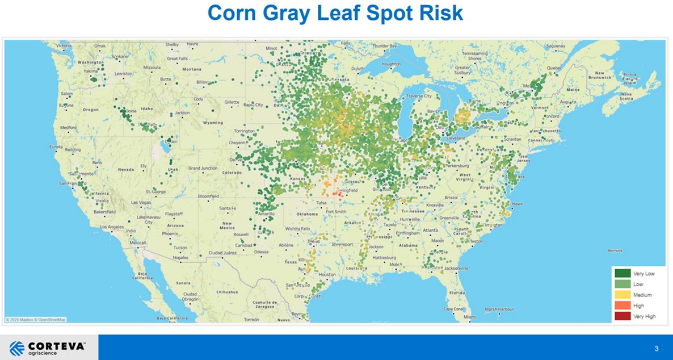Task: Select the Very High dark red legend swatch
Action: tap(622, 316)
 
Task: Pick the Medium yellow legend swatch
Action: tap(622, 295)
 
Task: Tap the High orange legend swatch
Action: tap(622, 305)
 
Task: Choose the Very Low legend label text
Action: tap(643, 274)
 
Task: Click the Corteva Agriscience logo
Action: tap(48, 347)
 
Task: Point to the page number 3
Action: tap(656, 348)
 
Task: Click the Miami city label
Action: tap(469, 316)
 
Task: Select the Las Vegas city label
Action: tap(141, 203)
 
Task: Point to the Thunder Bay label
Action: tap(385, 46)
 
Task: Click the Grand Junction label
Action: tap(203, 168)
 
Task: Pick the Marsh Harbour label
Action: tap(499, 309)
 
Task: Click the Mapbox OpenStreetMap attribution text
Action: tap(36, 319)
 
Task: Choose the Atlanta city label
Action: tap(430, 230)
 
